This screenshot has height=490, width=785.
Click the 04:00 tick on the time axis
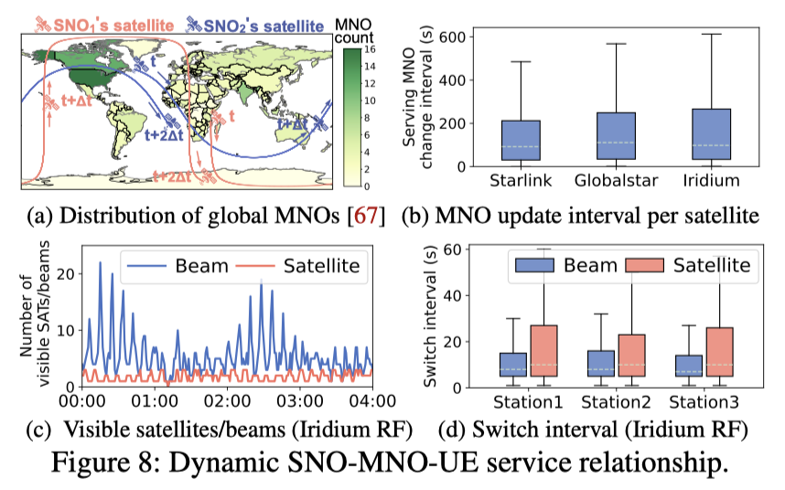pyautogui.click(x=374, y=399)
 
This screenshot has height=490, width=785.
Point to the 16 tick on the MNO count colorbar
pyautogui.click(x=379, y=52)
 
